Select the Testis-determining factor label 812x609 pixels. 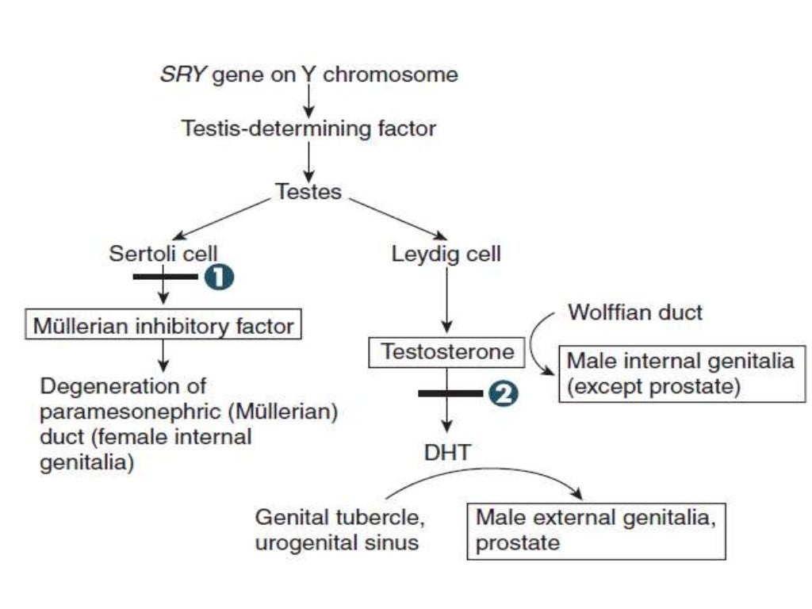tap(309, 128)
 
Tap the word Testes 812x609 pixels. tap(308, 191)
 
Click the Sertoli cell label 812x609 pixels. tap(163, 255)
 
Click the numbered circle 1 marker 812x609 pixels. tap(220, 277)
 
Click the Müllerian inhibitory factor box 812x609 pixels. tap(164, 324)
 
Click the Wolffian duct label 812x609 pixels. tap(634, 312)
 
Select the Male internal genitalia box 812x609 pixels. tap(680, 373)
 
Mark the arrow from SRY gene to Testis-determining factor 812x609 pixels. tap(309, 101)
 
